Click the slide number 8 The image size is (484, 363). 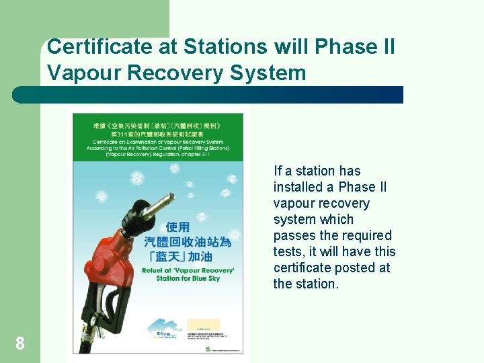pos(20,344)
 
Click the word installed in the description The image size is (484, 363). pos(298,187)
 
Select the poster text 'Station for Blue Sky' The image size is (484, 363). pos(187,278)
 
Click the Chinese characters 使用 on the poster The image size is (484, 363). pos(178,227)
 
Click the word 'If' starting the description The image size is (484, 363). pos(278,171)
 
